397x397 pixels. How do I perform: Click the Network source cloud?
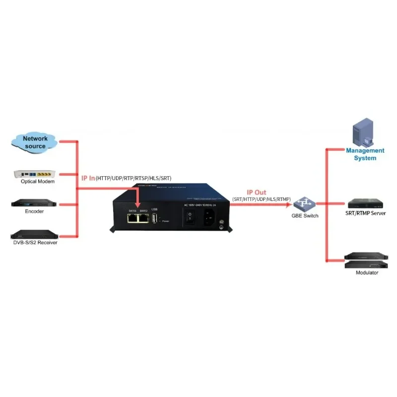35,141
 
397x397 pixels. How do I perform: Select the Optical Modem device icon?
35,174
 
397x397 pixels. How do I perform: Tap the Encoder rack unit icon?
35,204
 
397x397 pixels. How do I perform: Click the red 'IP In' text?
88,178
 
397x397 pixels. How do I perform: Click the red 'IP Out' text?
257,192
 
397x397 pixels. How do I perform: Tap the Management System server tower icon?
363,132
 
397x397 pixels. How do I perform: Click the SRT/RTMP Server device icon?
365,203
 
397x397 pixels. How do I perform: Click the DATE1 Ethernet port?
132,218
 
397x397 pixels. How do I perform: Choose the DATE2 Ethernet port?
144,218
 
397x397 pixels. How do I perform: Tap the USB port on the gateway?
154,219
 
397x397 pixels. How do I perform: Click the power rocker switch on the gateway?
189,217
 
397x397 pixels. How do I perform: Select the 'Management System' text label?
365,154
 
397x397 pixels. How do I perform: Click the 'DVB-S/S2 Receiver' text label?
35,243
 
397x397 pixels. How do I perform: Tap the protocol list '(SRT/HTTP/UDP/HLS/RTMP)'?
261,199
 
